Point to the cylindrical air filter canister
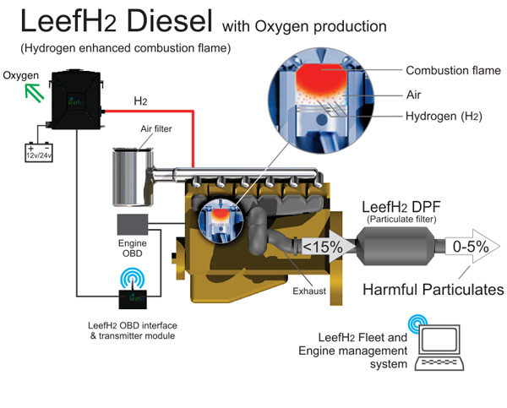click(x=131, y=176)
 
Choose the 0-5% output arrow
click(x=468, y=248)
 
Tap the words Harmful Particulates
click(x=433, y=290)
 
